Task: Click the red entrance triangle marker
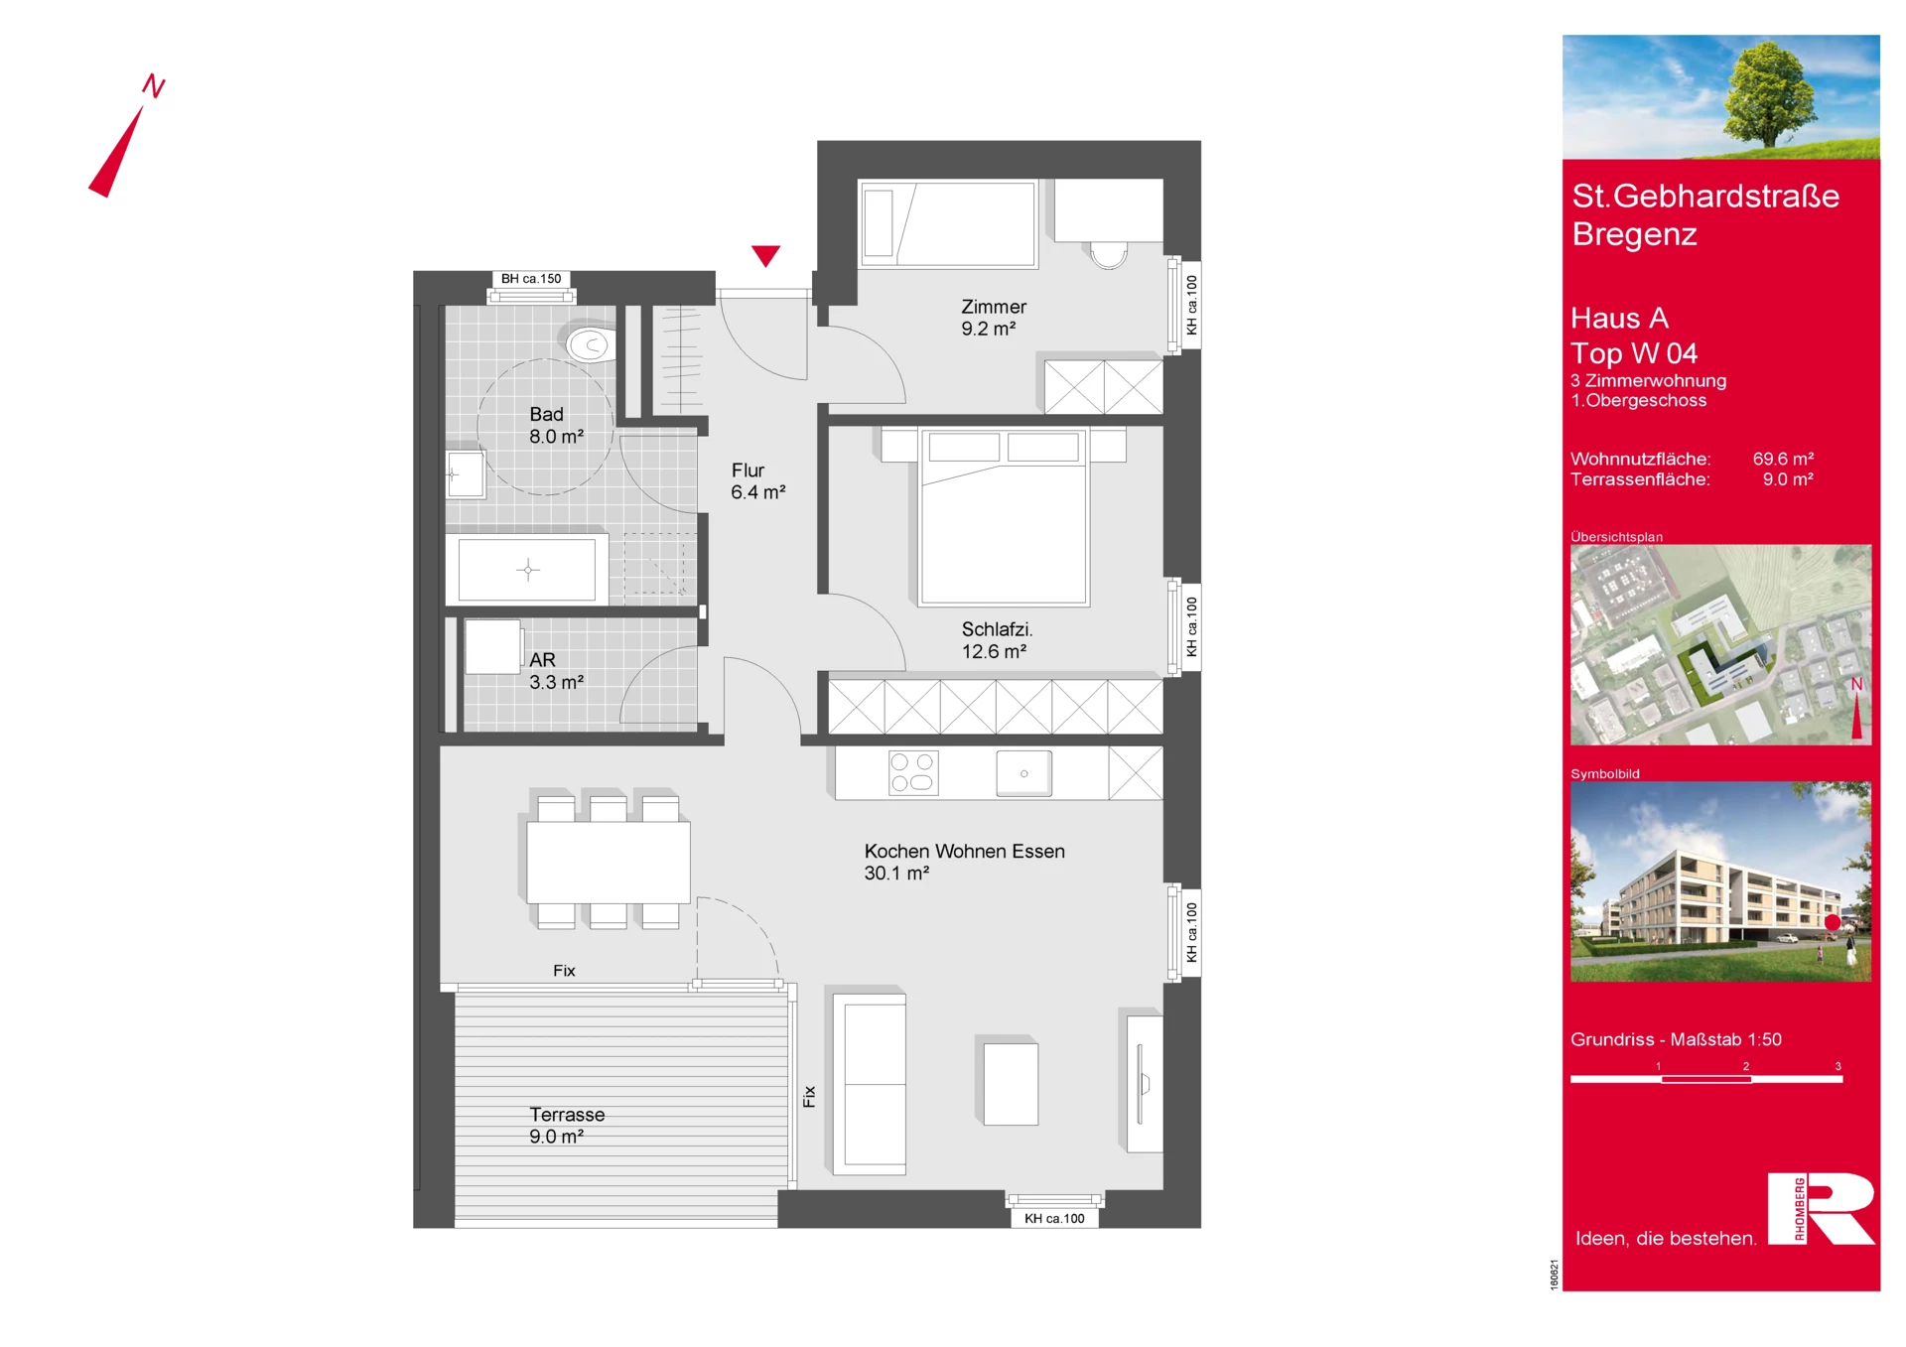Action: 765,255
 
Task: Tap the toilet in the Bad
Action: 590,344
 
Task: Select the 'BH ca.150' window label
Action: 531,279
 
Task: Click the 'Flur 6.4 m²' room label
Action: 758,481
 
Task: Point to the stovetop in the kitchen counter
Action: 913,772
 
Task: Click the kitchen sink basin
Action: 1023,773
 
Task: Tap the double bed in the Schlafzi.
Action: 1004,516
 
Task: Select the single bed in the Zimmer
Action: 948,223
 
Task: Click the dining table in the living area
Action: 608,862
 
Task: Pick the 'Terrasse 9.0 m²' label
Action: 567,1126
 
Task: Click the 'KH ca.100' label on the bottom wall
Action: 1054,1219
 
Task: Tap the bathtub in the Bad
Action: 527,570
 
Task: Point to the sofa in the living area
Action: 869,1084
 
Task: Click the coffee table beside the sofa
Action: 1011,1083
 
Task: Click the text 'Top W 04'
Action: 1634,353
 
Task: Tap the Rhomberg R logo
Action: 1821,1208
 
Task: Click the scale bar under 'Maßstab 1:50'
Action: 1706,1079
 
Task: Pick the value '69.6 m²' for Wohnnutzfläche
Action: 1783,459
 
